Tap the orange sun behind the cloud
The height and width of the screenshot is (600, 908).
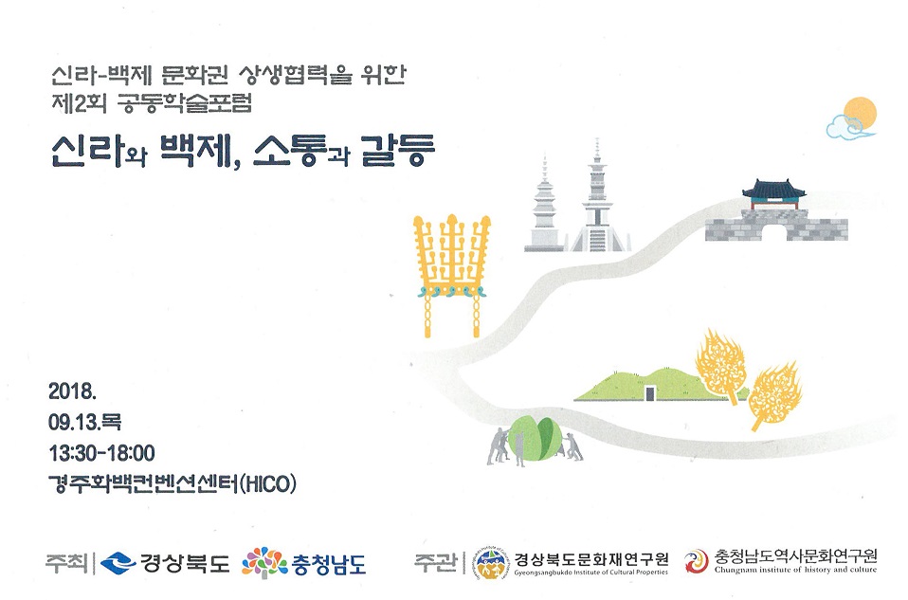[x=861, y=113]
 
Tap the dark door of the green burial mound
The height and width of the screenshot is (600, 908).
[x=650, y=393]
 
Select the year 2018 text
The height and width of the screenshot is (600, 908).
[x=72, y=391]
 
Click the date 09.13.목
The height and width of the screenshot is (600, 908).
[x=84, y=422]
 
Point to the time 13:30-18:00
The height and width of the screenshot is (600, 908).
[x=102, y=453]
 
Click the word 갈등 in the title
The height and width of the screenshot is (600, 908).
[x=397, y=151]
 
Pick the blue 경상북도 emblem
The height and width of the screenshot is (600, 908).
[x=118, y=563]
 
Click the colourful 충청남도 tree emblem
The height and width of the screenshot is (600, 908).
[x=264, y=562]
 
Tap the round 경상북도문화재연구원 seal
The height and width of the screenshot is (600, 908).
[x=492, y=562]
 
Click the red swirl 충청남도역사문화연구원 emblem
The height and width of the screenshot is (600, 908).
[x=696, y=561]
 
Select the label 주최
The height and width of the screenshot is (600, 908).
[x=66, y=563]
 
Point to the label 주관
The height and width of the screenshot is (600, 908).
[x=435, y=562]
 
